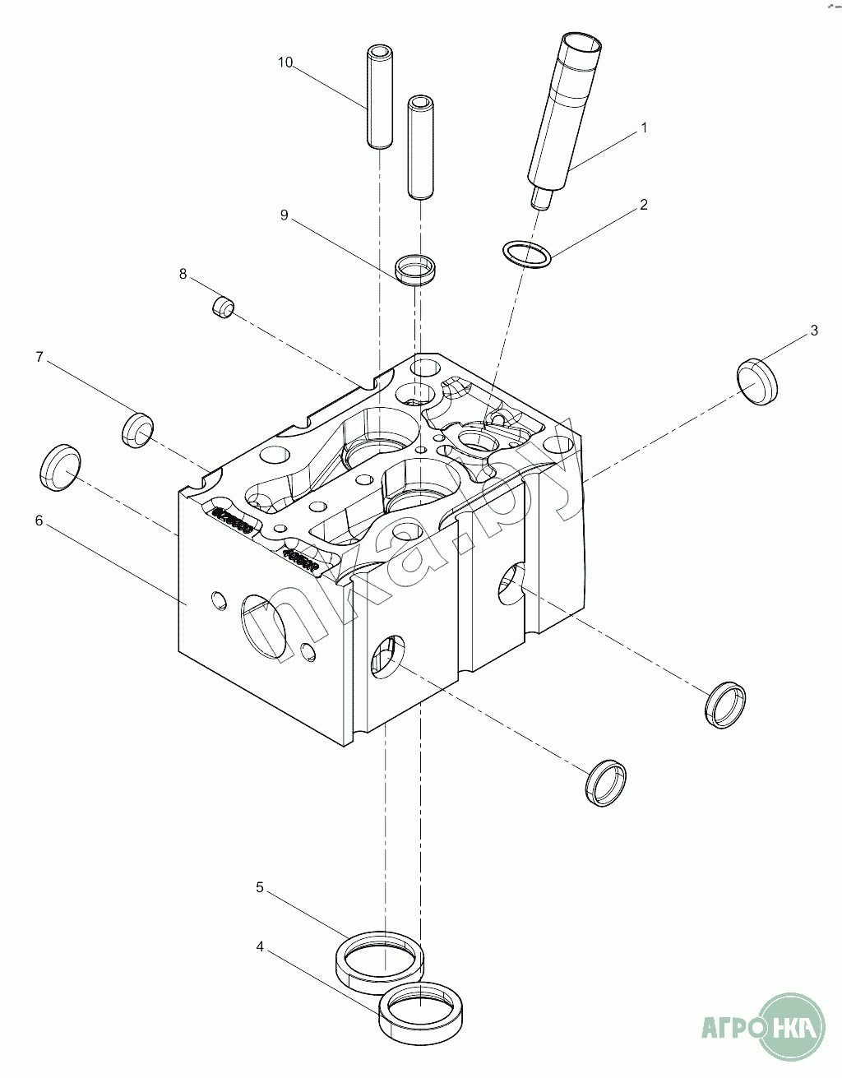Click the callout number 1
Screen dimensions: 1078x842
coord(645,127)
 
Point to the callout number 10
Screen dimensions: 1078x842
coord(285,62)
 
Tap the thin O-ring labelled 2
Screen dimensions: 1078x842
coord(526,254)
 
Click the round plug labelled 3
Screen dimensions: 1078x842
coord(757,382)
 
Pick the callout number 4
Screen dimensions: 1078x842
coord(260,947)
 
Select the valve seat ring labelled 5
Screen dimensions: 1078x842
coord(380,956)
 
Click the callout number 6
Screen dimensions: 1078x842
coord(39,520)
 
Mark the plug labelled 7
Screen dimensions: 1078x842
coord(138,428)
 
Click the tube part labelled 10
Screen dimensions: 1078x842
coord(377,99)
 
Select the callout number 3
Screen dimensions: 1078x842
coord(814,331)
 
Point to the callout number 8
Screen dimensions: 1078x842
coord(183,273)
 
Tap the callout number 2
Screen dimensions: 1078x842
coord(644,205)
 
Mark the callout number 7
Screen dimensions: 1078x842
coord(39,357)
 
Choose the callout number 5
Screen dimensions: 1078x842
coord(260,887)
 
